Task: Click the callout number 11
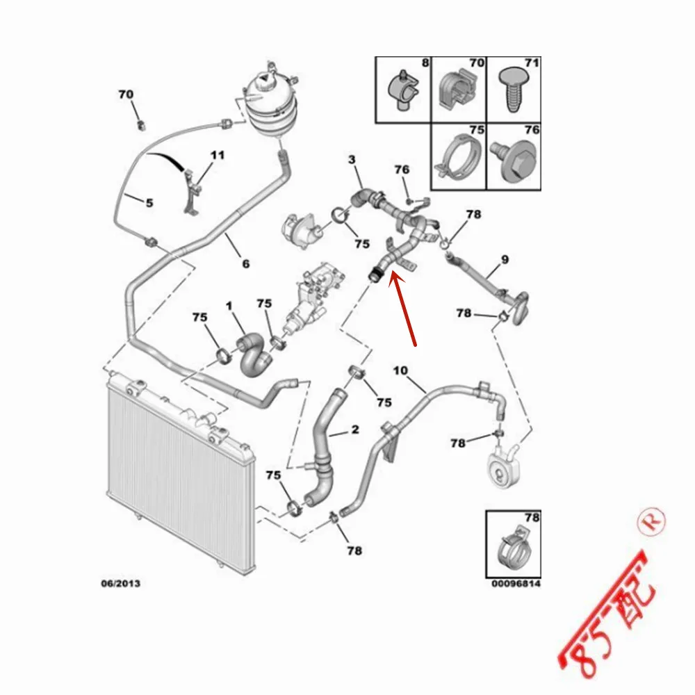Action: pos(218,155)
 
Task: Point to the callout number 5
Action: pos(149,202)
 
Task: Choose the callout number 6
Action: pos(245,263)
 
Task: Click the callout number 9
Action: pos(505,260)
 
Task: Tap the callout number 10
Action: pos(400,370)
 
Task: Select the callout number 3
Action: pos(352,160)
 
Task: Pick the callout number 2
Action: pos(354,430)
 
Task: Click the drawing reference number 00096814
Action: pos(515,583)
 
